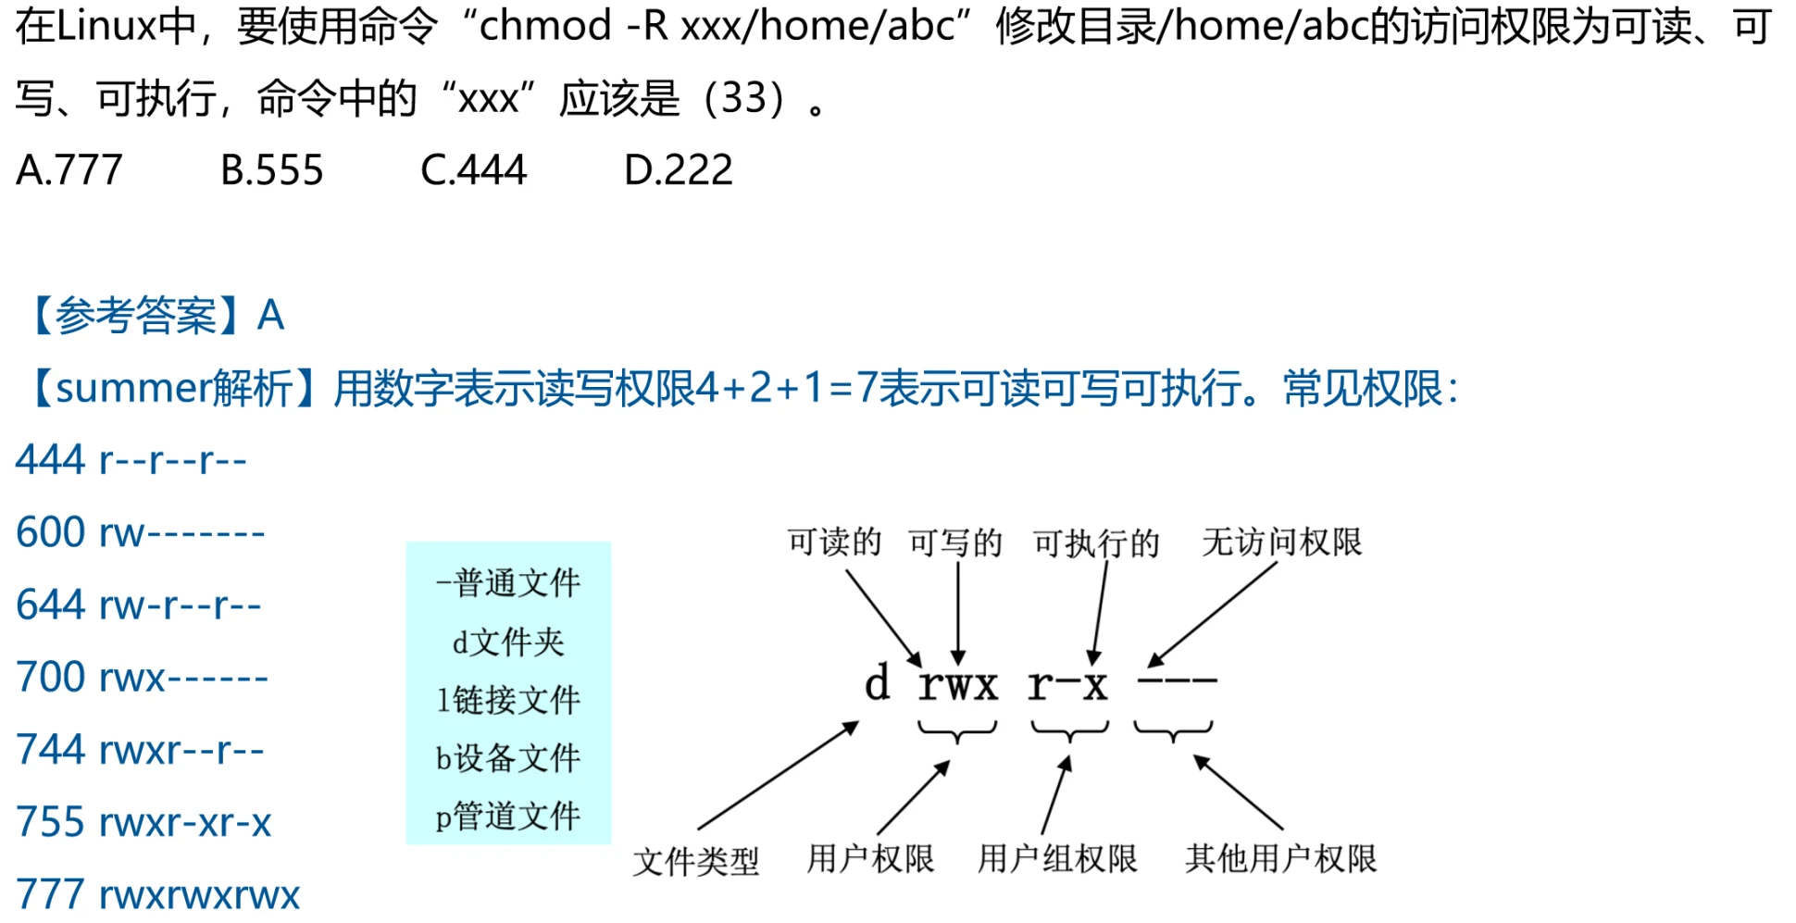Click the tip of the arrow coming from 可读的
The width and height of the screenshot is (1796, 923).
(x=920, y=667)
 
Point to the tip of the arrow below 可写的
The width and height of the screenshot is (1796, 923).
(x=958, y=666)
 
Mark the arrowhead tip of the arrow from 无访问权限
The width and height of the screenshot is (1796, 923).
(x=1147, y=667)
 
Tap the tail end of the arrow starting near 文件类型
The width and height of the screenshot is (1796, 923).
(x=698, y=829)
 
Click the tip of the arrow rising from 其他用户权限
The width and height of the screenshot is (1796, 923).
(x=1193, y=755)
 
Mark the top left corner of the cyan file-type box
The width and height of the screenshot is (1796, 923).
(x=406, y=542)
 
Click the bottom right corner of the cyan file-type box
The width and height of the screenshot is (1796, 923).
(x=611, y=844)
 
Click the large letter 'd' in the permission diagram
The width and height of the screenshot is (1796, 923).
(x=878, y=683)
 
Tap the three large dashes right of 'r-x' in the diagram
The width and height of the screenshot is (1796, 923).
(x=1177, y=681)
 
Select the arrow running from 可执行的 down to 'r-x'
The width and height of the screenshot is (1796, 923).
(x=1099, y=614)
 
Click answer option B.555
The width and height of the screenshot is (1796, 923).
(x=271, y=169)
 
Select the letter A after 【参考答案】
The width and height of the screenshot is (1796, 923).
(x=270, y=316)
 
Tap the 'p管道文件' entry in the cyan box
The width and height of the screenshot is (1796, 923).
(x=508, y=816)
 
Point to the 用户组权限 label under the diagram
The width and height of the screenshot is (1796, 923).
(x=1057, y=858)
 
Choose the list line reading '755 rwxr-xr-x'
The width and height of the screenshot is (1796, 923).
(x=143, y=821)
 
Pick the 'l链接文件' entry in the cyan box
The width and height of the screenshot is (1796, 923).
(x=508, y=699)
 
